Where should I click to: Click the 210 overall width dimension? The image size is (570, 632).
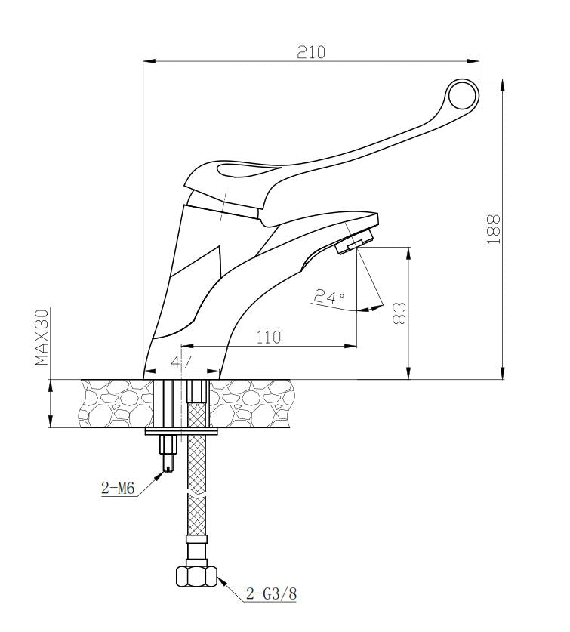point(311,52)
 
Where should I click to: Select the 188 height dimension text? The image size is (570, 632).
point(493,228)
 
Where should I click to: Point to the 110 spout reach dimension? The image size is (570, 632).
point(267,337)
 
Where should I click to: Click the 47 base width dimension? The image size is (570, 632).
point(180,362)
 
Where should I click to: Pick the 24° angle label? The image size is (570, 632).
point(328,297)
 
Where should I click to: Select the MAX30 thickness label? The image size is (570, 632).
point(42,337)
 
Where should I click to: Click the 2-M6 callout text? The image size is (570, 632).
point(118,489)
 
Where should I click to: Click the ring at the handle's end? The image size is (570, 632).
point(462,95)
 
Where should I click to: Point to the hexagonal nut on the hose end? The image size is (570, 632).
point(196,577)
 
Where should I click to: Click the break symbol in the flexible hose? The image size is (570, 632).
point(196,495)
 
